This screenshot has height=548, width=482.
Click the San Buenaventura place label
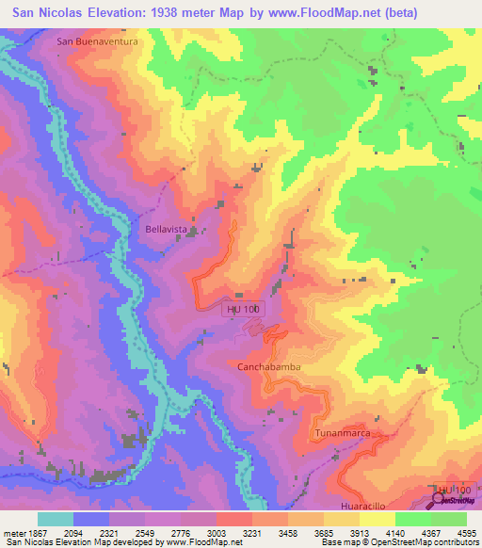[98, 41]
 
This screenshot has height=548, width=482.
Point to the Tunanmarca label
[341, 434]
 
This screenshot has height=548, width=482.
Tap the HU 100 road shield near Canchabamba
[242, 308]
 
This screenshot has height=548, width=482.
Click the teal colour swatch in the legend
[56, 519]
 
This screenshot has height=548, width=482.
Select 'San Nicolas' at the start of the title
[48, 13]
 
